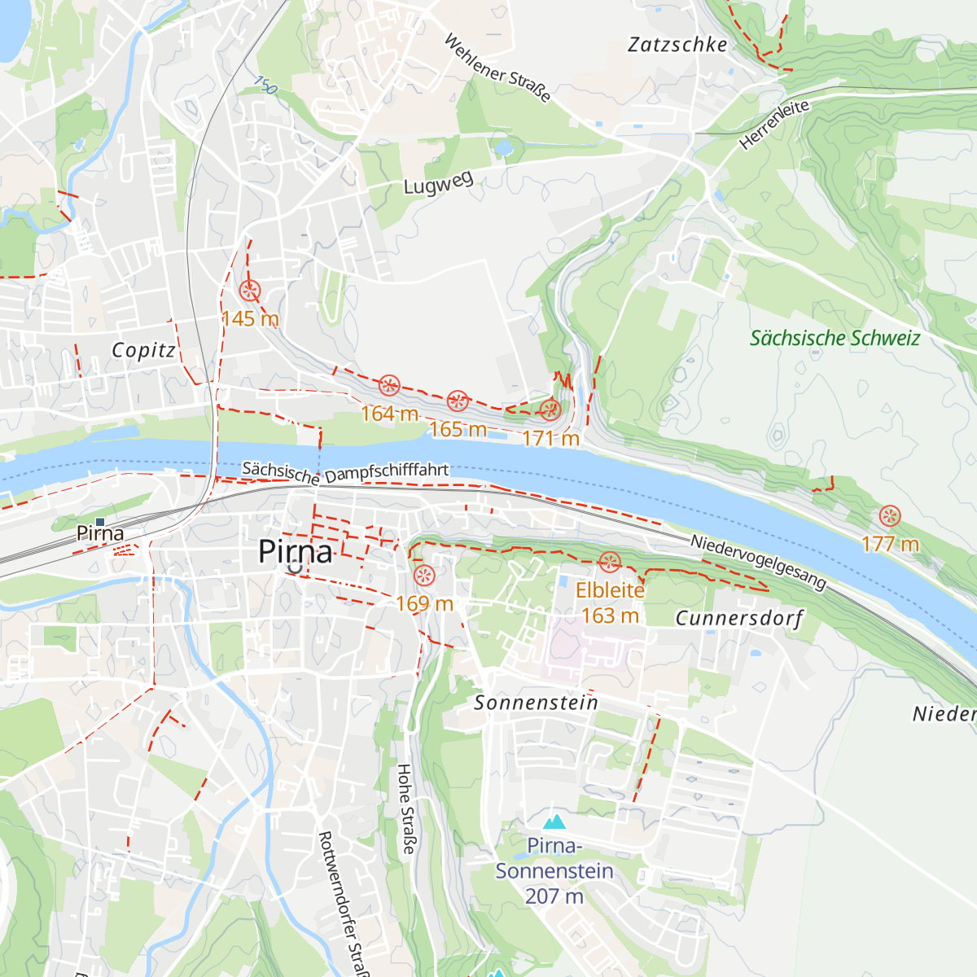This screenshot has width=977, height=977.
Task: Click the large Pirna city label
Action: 296,553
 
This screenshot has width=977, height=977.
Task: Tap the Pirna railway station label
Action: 100,533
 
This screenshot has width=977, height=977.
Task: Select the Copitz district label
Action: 143,350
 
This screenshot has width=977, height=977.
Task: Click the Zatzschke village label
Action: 677,45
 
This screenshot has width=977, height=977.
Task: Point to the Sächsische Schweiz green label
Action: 835,338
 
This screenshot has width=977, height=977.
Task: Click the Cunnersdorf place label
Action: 739,619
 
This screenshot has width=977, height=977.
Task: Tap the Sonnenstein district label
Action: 536,703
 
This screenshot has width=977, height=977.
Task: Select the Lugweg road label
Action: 439,184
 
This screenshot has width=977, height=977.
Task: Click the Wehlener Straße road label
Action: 497,68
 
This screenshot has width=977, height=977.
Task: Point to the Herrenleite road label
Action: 774,125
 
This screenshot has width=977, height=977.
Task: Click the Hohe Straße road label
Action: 405,808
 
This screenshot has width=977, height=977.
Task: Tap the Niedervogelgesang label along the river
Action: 758,562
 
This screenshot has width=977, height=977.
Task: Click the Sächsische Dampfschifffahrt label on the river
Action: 345,473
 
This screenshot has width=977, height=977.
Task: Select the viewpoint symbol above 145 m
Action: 250,291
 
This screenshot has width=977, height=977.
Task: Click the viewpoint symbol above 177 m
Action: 890,515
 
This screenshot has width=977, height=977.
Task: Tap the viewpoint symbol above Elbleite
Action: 610,562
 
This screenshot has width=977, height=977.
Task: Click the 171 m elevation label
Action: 550,439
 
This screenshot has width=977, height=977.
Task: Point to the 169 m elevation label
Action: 424,603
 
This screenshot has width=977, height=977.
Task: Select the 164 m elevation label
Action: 389,414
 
